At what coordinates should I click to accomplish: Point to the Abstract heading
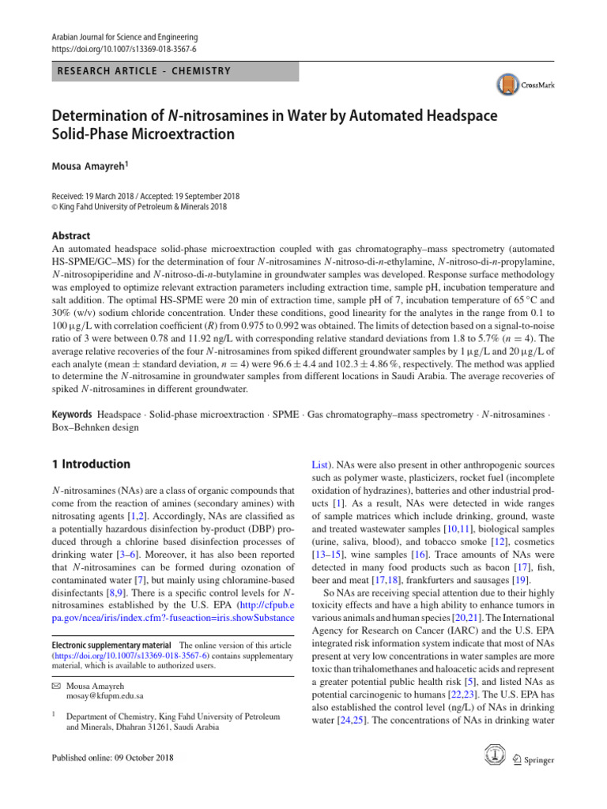tap(71, 235)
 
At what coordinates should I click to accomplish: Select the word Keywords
tap(72, 415)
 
